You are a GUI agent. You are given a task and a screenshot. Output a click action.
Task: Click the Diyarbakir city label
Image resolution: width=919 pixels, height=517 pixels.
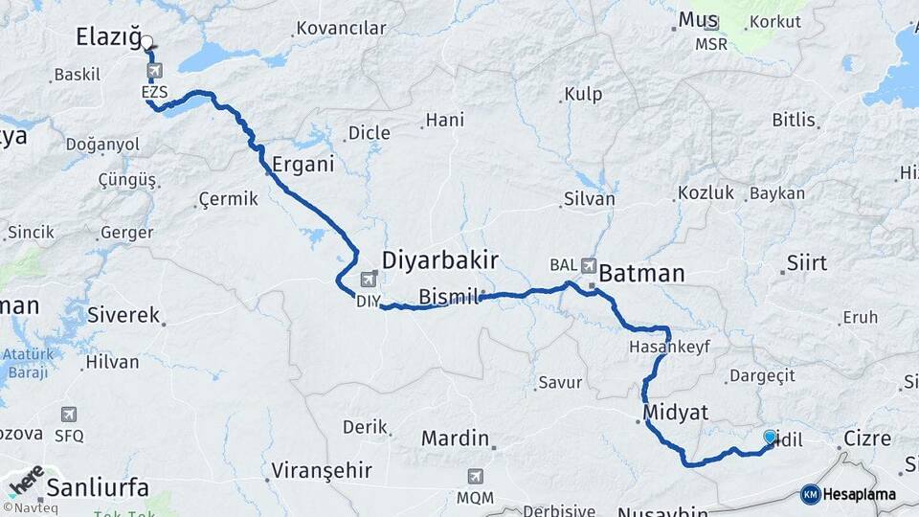(x=440, y=260)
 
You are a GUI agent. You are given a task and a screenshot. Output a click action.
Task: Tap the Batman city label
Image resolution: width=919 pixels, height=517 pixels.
(x=641, y=274)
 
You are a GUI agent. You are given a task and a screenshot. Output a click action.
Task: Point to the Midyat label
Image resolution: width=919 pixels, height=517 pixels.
(x=676, y=413)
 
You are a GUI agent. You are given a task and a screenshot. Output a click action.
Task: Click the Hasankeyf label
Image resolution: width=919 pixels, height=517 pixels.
(x=669, y=347)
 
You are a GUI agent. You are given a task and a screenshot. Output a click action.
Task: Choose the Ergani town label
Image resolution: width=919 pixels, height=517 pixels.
(x=303, y=164)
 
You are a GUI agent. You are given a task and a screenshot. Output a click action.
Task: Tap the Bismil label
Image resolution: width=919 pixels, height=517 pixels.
(x=448, y=297)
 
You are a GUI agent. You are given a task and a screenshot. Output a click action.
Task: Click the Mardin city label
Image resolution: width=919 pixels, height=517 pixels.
(x=456, y=438)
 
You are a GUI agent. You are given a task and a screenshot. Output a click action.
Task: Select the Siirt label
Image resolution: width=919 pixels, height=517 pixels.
(x=806, y=263)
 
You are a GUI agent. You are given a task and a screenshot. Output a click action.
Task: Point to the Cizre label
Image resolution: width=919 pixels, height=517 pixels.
(x=867, y=439)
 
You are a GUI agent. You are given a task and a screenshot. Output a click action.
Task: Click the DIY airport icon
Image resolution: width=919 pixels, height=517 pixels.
(x=368, y=280)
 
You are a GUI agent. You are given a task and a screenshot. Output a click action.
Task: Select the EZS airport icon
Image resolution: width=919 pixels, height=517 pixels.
(x=155, y=70)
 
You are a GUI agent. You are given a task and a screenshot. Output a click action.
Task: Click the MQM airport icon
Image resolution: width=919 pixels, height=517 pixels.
(x=475, y=476)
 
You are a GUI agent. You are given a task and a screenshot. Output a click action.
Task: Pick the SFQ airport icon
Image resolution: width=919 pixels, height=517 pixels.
(x=68, y=415)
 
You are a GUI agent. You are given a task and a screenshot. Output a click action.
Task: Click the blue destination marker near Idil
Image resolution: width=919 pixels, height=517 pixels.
(x=770, y=437)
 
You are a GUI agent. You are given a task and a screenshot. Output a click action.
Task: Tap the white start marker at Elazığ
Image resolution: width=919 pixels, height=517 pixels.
(x=146, y=41)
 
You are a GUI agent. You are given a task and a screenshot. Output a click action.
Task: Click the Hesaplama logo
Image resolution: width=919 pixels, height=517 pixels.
(x=848, y=494)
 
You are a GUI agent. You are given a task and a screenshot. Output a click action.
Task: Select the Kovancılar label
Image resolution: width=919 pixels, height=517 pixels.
(x=341, y=28)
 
